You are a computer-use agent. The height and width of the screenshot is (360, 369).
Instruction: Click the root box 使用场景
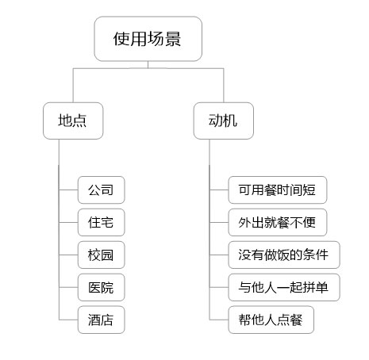(x=148, y=39)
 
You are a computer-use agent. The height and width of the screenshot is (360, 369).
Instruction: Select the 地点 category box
(x=73, y=121)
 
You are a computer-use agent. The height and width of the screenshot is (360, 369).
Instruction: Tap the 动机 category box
(x=224, y=121)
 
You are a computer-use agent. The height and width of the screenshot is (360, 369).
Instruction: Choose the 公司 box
(x=101, y=190)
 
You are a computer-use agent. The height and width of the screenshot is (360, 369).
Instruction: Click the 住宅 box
(x=101, y=222)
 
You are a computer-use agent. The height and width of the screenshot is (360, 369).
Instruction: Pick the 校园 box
(x=101, y=255)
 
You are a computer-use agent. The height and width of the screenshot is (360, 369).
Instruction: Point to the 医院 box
(x=101, y=287)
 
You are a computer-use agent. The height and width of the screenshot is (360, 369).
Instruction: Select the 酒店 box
(x=101, y=320)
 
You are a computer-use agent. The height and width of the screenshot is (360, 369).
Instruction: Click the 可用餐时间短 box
(x=278, y=190)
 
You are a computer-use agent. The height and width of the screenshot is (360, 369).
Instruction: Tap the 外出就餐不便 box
(x=278, y=222)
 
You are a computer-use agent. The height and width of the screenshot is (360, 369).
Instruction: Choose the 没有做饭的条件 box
(x=284, y=255)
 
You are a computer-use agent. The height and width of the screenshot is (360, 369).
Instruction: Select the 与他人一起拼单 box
(x=284, y=287)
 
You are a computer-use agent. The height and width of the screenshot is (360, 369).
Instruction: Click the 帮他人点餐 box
(x=271, y=320)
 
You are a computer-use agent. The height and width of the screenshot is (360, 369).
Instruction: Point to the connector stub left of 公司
(x=68, y=190)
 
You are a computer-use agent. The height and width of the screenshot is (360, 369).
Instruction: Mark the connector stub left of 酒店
(x=68, y=320)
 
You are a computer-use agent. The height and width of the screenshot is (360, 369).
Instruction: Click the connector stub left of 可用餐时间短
(x=219, y=190)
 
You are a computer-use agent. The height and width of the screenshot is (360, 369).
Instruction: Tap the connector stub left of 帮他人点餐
(x=219, y=320)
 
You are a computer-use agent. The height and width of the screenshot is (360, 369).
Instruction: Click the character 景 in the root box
(x=173, y=39)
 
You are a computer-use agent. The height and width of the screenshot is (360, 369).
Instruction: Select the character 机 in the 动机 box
(x=230, y=121)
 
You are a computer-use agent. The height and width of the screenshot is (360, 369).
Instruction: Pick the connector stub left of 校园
(x=68, y=255)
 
